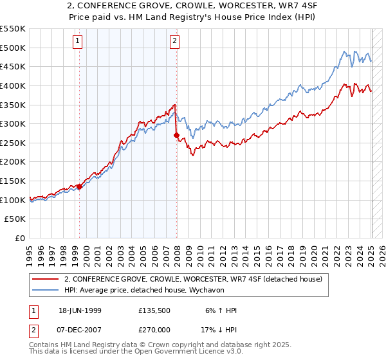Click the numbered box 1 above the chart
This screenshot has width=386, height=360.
(x=77, y=42)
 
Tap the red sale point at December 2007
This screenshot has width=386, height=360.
(x=177, y=136)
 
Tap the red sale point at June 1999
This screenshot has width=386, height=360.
(x=80, y=187)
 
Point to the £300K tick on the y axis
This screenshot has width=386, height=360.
(x=14, y=123)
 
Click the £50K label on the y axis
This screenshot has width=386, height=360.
(x=16, y=219)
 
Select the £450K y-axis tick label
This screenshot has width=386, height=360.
(x=14, y=66)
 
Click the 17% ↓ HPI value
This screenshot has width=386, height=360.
(x=217, y=329)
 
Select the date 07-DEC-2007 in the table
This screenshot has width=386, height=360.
(x=78, y=329)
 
